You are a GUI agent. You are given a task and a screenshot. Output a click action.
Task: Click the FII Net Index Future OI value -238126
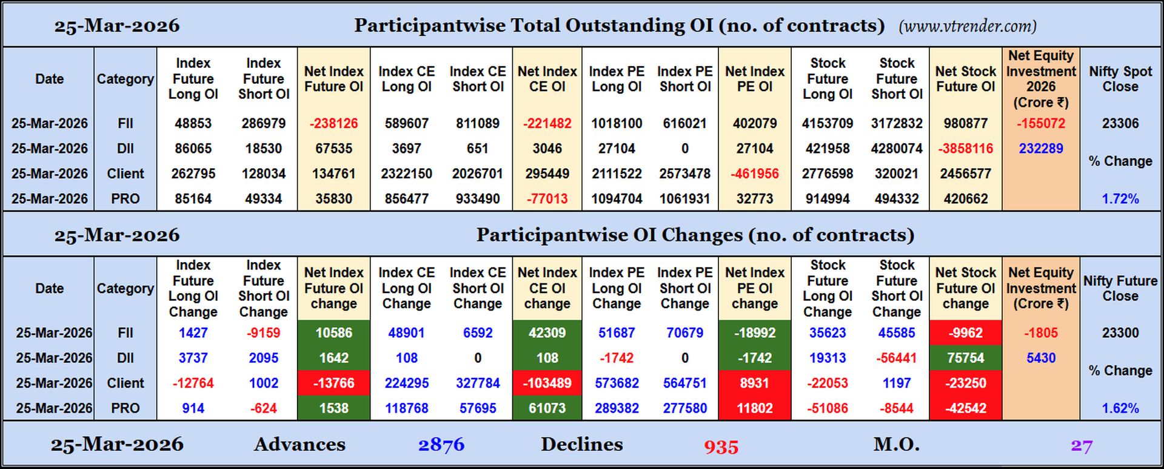[x=333, y=123]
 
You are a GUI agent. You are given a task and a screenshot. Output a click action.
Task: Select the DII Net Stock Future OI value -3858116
[x=965, y=149]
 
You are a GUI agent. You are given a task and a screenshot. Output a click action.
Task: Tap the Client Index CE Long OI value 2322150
[x=406, y=174]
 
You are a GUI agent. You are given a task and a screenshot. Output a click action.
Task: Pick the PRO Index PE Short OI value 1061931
[x=684, y=199]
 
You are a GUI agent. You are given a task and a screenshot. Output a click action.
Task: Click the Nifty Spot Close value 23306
[x=1120, y=123]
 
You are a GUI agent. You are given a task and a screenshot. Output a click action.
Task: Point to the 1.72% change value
[x=1120, y=199]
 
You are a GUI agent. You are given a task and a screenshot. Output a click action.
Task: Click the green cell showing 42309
[x=547, y=333]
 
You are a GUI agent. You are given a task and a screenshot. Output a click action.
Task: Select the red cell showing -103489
[x=547, y=383]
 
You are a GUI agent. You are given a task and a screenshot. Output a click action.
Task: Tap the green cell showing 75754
[x=965, y=358]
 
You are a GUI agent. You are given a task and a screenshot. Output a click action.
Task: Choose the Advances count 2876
[x=441, y=445]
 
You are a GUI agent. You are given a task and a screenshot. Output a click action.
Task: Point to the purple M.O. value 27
[x=1081, y=447]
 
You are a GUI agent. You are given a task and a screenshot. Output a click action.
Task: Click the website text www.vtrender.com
[x=968, y=26]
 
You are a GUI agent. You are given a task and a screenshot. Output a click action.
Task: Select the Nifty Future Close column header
[x=1120, y=288]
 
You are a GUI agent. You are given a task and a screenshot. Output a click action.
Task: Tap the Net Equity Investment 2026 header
[x=1040, y=79]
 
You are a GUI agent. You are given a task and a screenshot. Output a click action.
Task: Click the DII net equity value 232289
[x=1040, y=149]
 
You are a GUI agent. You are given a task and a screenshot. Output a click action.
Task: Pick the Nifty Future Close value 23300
[x=1120, y=333]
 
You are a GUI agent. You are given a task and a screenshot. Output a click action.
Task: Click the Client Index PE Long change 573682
[x=617, y=383]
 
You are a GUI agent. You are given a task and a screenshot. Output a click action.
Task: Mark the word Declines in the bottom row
[x=581, y=445]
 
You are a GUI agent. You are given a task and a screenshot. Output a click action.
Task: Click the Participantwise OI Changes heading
[x=695, y=235]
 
